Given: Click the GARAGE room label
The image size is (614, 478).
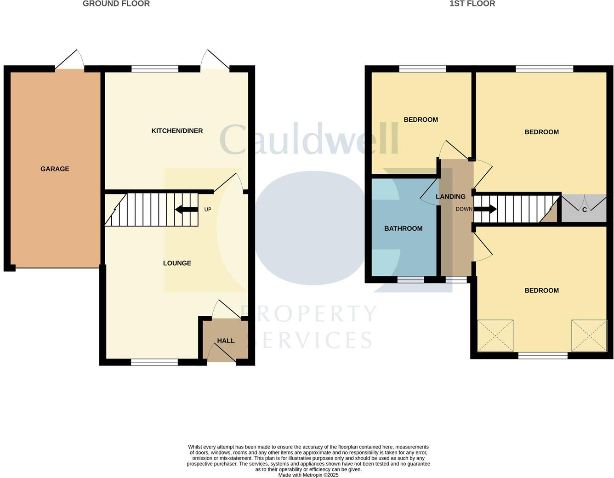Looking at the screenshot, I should [x=55, y=169].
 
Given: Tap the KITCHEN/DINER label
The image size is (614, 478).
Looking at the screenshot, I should [x=177, y=131].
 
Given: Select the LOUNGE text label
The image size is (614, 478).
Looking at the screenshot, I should [x=177, y=263].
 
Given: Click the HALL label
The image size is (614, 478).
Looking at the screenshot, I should [x=226, y=341].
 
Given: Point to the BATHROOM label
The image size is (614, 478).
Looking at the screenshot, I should [x=403, y=228].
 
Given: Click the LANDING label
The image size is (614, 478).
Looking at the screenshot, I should [x=450, y=197].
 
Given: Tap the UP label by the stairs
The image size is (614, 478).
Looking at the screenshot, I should [x=208, y=210].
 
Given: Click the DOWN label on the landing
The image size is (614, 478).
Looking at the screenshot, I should [x=464, y=209].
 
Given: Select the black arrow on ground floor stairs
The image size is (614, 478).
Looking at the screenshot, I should [x=186, y=210].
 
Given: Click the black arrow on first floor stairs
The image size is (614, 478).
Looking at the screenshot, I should [x=485, y=209].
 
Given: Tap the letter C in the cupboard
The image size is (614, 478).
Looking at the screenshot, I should [x=584, y=210].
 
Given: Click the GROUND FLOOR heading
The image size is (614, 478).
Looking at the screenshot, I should [x=116, y=4].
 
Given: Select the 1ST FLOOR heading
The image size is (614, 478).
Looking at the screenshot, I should [x=472, y=4].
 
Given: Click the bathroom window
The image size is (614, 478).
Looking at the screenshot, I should [x=410, y=279].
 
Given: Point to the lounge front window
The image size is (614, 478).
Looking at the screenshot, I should [x=154, y=362].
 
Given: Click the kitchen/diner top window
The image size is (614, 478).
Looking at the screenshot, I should [x=155, y=69].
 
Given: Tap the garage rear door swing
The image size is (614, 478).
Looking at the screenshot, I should [x=70, y=60].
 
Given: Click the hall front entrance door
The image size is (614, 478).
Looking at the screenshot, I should [x=222, y=353].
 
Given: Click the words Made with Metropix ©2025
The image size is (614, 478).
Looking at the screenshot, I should [x=308, y=475].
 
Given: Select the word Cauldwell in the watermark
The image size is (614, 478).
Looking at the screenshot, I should [x=308, y=138].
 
